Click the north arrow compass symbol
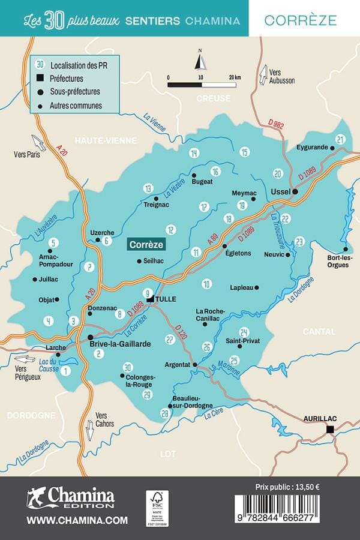(200, 61)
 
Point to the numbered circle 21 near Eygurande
(341, 140)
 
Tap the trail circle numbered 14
(193, 153)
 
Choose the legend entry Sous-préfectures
(75, 92)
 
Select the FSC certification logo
(157, 507)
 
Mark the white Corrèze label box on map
(146, 245)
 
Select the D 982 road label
(275, 124)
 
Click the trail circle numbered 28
(164, 413)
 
